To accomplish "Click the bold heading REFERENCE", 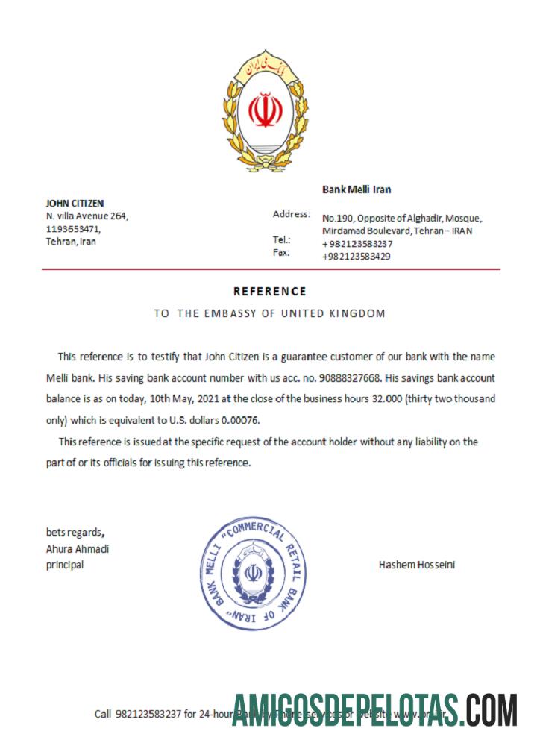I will [x=269, y=291].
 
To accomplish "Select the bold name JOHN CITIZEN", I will [x=75, y=203].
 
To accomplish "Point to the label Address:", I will [x=292, y=215].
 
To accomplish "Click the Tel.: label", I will [x=282, y=240].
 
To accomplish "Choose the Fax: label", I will [x=281, y=253].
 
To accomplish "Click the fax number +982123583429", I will [x=357, y=257].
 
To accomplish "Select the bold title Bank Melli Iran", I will [x=357, y=190].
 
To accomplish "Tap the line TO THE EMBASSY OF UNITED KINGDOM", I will [x=269, y=313].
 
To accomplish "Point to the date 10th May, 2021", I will [x=225, y=399].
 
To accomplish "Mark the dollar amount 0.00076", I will [x=237, y=420].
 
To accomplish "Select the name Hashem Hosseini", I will [x=417, y=565].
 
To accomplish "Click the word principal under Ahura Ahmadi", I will [x=65, y=565].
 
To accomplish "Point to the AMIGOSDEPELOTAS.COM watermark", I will [x=374, y=710].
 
